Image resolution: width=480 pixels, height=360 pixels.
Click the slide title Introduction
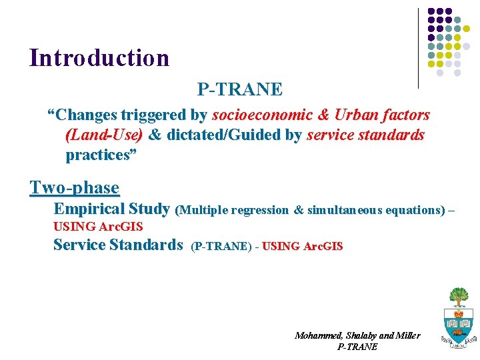click(99, 58)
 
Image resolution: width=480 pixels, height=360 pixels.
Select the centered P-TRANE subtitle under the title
click(239, 89)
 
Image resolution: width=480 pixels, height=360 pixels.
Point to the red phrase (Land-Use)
click(104, 135)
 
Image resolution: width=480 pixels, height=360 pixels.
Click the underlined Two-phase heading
click(75, 188)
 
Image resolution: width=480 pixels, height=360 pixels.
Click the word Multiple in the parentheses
click(205, 210)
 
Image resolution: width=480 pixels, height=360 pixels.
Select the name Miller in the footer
click(407, 335)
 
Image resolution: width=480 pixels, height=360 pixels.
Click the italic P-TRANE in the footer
click(357, 347)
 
